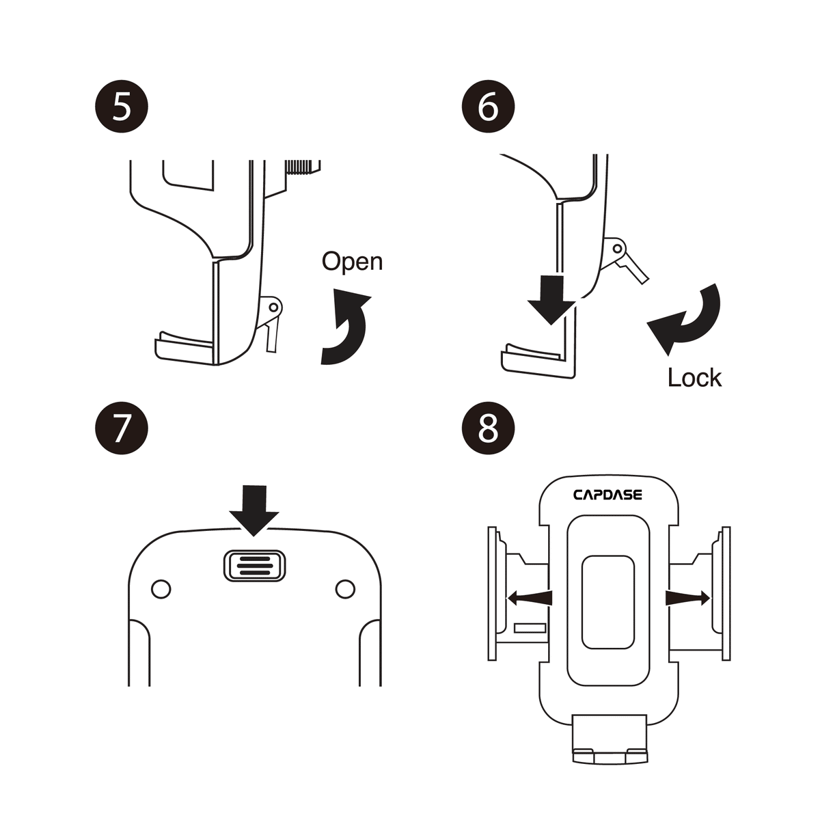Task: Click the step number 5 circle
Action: point(121,108)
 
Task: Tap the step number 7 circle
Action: point(121,429)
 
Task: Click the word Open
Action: point(352,261)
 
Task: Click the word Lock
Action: point(694,377)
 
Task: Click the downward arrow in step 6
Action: point(554,299)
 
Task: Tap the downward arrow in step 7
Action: point(254,508)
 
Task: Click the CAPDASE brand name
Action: point(607,494)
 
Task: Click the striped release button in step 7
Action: point(254,566)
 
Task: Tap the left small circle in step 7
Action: point(161,588)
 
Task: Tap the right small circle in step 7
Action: point(346,588)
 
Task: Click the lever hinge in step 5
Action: point(273,307)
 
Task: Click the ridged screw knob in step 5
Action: point(303,167)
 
